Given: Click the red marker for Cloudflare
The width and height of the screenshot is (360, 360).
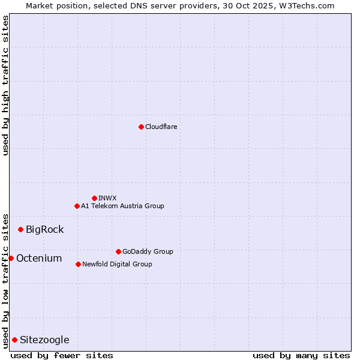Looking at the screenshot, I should [141, 127].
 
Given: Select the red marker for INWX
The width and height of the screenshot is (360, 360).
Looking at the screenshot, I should [94, 198].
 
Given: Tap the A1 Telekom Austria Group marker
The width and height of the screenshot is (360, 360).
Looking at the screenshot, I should [77, 206].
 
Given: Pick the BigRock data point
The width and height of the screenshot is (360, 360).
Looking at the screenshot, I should [20, 229].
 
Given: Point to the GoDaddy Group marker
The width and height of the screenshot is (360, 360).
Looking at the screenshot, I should [118, 251].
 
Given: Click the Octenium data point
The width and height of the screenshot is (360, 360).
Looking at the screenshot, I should [11, 258].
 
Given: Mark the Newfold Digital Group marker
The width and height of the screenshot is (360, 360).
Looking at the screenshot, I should [78, 264].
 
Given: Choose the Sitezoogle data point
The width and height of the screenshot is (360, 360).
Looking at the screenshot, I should [14, 340].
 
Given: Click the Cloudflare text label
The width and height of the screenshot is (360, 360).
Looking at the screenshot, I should [161, 127].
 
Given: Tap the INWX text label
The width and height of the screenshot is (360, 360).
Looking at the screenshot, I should [107, 198].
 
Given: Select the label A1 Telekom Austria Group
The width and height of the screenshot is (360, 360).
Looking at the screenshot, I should [122, 206].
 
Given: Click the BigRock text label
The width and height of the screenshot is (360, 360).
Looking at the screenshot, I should [44, 229].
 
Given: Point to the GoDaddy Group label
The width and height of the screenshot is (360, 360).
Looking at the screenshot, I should [148, 251].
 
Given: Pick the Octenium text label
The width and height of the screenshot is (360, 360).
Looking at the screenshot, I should [39, 258].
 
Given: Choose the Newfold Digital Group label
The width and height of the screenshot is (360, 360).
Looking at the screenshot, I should [117, 264].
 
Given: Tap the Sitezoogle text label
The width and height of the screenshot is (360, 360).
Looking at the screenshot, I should [44, 340].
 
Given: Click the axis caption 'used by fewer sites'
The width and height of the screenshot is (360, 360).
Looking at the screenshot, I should [62, 355].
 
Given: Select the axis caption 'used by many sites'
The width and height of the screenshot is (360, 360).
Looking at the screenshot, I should [301, 355].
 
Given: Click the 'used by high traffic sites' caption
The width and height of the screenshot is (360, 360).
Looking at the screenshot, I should [5, 85].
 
